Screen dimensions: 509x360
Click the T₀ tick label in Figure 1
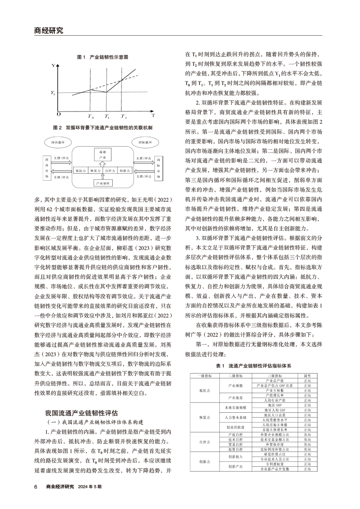pos(91,117)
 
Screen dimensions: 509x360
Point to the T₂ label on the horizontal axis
pos(124,117)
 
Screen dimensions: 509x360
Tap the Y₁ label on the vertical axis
pos(53,93)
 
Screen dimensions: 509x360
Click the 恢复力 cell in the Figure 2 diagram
pos(94,171)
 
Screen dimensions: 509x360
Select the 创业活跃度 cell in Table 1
pos(235,427)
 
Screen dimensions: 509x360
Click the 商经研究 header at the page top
pos(48,30)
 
